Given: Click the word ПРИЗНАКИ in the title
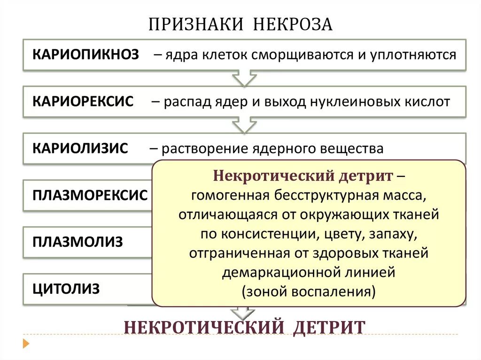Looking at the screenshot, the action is [197, 24].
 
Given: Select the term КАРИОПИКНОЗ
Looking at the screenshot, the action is [85, 54].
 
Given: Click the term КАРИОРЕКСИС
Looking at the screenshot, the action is [83, 101].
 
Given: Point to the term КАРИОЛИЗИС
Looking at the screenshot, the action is [80, 148].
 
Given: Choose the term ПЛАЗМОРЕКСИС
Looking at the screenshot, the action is [90, 195].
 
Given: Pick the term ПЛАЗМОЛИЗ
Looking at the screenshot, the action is [78, 242].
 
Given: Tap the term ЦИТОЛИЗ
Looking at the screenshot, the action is [66, 289].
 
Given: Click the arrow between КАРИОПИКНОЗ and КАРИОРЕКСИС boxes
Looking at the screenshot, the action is [244, 78].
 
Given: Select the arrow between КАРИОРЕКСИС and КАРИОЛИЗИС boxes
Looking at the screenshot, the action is [244, 125].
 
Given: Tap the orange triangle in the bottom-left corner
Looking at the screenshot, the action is [26, 344].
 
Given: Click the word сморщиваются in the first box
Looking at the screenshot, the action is [303, 55].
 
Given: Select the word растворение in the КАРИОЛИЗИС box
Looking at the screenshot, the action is [202, 148].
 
